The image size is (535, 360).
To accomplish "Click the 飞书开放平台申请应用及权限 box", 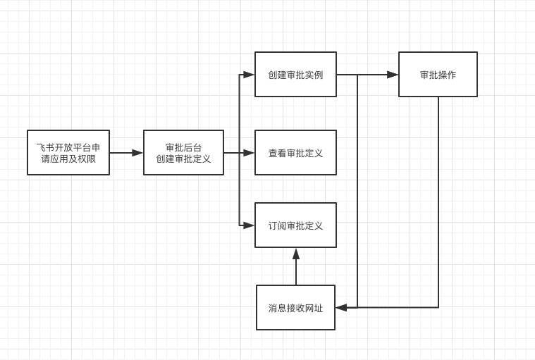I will [x=68, y=152].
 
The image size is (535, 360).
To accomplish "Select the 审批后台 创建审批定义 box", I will [x=183, y=152].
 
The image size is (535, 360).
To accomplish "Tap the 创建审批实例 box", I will [x=295, y=74].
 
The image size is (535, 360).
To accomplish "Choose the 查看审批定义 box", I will [x=295, y=152].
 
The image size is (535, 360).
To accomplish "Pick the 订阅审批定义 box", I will [x=295, y=225].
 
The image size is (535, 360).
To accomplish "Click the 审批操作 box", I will [x=438, y=74].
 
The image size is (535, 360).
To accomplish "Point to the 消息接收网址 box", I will [x=295, y=307].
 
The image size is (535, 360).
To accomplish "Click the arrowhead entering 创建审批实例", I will [x=249, y=75].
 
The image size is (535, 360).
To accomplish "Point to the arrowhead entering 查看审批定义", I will [x=249, y=153].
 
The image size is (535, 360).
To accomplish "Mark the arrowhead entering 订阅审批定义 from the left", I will [x=249, y=225].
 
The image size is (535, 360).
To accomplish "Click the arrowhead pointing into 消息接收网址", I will [x=341, y=307].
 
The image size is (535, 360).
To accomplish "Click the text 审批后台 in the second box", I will [x=183, y=147].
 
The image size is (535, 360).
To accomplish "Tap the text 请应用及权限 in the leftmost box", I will [x=68, y=159].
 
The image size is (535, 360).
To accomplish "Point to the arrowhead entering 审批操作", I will [x=393, y=75].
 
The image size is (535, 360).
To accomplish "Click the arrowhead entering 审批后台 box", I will [x=137, y=153].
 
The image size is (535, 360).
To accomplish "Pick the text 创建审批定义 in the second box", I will [x=183, y=159].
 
